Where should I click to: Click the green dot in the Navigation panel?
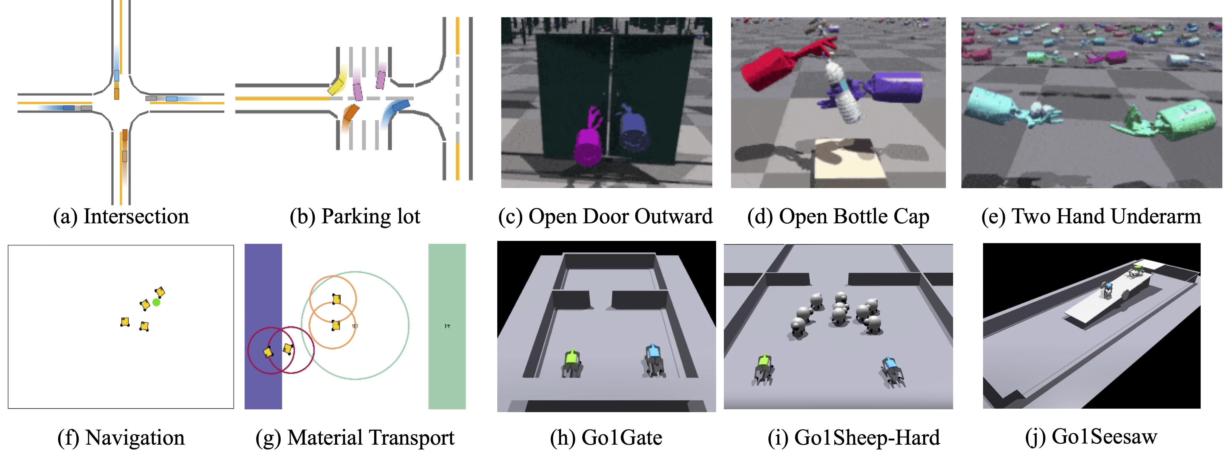tap(156, 302)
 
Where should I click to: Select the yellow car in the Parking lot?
tap(336, 87)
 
